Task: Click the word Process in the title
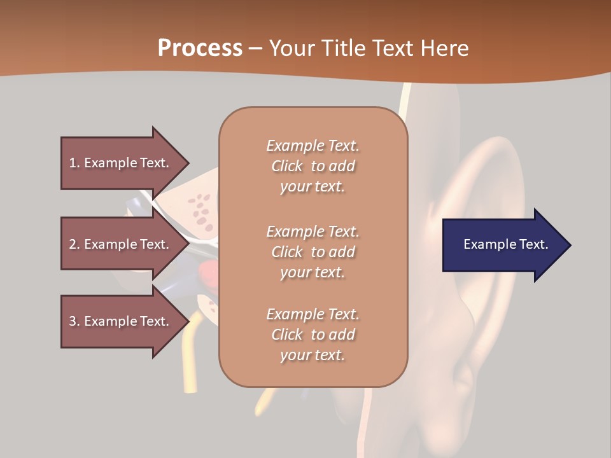[200, 48]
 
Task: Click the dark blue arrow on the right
[503, 244]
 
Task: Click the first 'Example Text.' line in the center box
[313, 146]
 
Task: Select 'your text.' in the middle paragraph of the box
[313, 272]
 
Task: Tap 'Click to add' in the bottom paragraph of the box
[313, 335]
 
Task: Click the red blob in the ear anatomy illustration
[209, 273]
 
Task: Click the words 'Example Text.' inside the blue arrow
[505, 244]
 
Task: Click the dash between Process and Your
[255, 48]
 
